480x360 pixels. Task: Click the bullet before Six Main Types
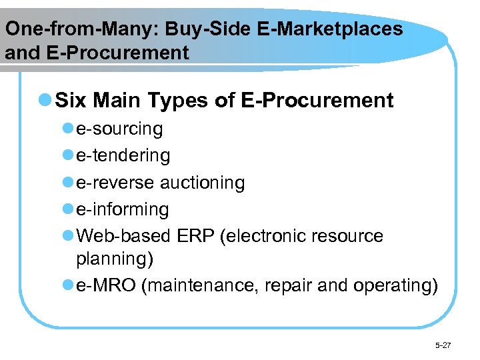click(x=45, y=101)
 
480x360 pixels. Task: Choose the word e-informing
click(x=123, y=209)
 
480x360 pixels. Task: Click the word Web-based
click(x=125, y=236)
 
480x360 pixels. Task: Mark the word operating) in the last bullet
click(x=395, y=285)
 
